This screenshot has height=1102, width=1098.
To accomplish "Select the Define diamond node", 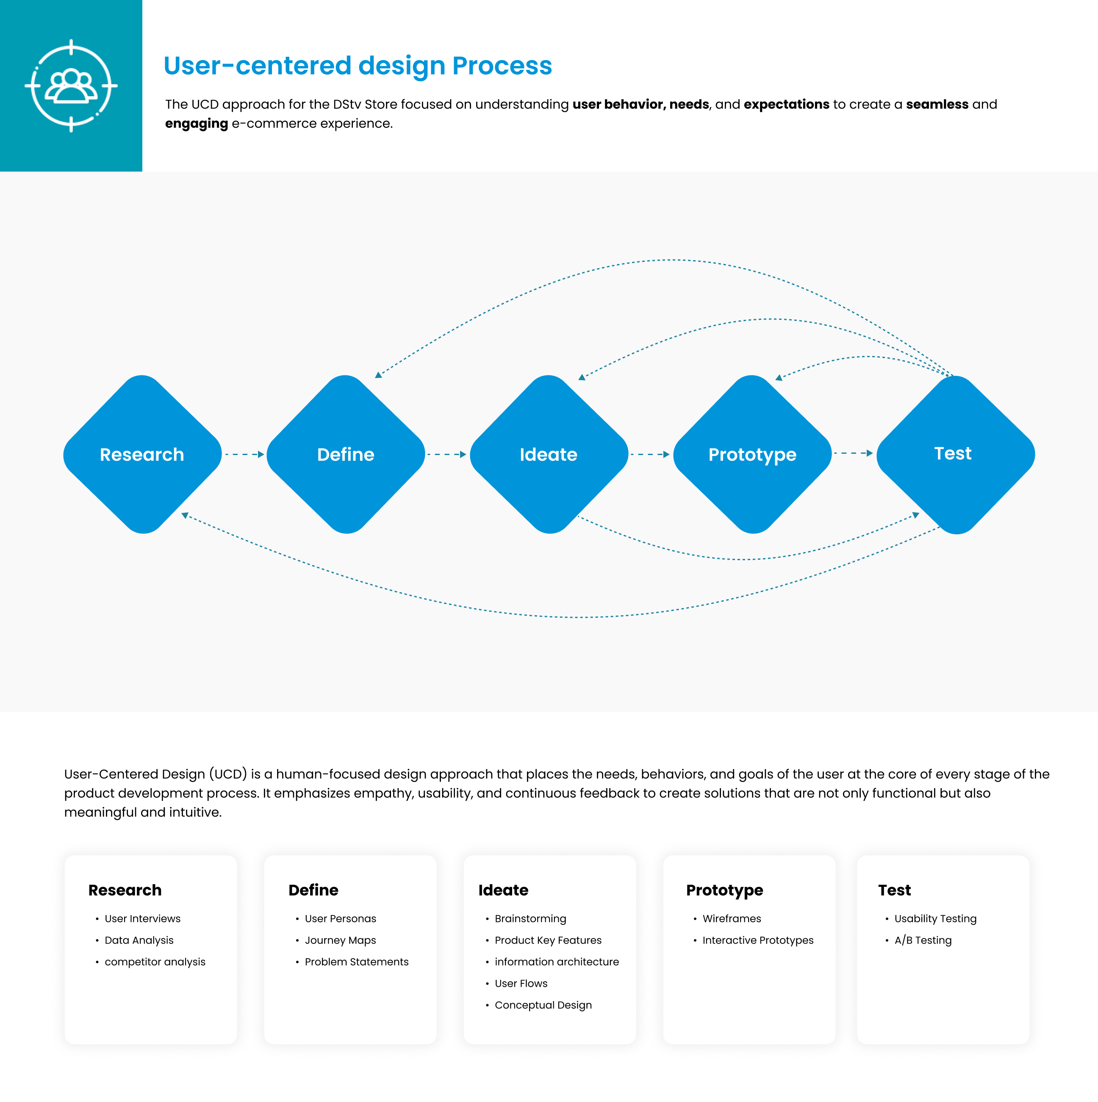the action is [346, 454].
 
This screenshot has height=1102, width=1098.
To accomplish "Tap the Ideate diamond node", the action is [549, 454].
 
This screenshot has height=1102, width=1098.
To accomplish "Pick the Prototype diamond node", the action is [752, 454].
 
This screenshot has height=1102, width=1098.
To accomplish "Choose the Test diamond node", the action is [955, 455].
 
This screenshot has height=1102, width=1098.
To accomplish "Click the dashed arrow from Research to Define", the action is [245, 455].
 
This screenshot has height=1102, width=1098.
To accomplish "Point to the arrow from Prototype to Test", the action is [853, 453].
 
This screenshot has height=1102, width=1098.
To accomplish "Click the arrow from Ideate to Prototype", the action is [650, 455].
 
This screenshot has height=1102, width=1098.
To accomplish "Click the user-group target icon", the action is [71, 86].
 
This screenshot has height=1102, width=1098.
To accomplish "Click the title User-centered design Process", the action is [358, 66].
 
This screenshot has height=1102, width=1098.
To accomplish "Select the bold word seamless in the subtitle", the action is [937, 104].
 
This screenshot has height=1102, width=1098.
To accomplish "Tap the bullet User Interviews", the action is [143, 919].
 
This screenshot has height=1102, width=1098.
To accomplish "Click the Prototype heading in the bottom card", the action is [724, 891].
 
